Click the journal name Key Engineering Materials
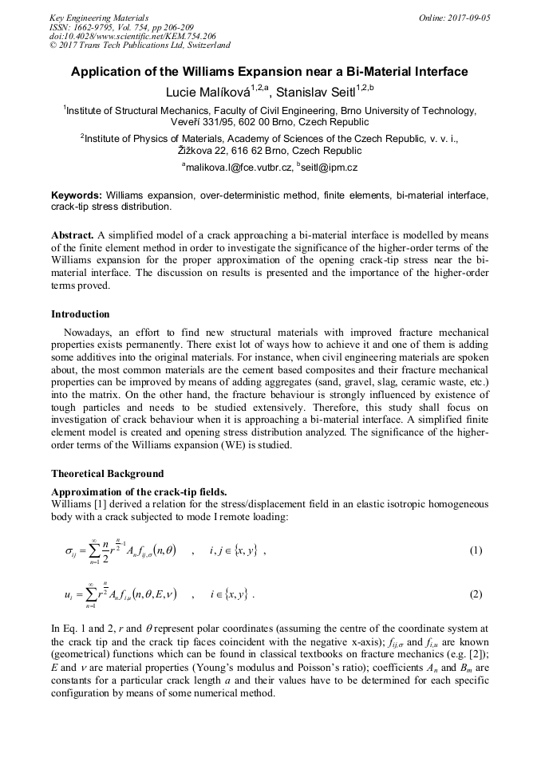(98, 18)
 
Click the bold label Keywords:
(77, 195)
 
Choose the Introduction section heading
(81, 314)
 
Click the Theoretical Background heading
(107, 473)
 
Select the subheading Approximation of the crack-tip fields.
(139, 491)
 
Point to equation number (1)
(476, 550)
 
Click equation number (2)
(476, 594)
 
